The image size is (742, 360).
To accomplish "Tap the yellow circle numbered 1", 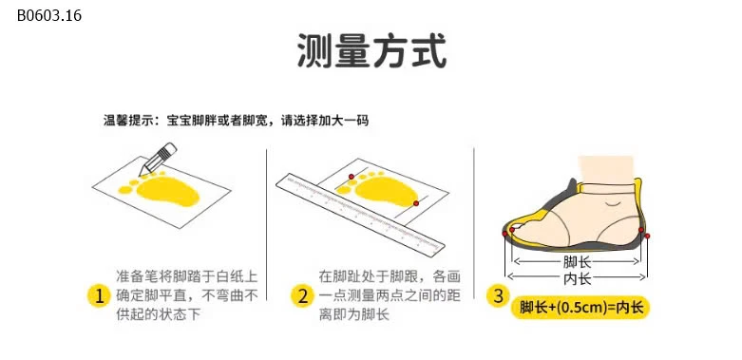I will [x=98, y=296].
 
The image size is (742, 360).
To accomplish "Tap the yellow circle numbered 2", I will [x=302, y=296].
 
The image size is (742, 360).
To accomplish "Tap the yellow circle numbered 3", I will [x=498, y=296].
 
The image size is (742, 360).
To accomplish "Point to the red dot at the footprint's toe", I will [x=351, y=178].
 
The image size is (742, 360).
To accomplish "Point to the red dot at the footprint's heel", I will [x=416, y=201].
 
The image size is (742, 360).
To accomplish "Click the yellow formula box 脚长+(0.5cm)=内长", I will [x=580, y=307].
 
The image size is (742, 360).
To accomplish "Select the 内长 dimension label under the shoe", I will [x=577, y=278].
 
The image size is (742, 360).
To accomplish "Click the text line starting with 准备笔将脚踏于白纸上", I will [x=186, y=276].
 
